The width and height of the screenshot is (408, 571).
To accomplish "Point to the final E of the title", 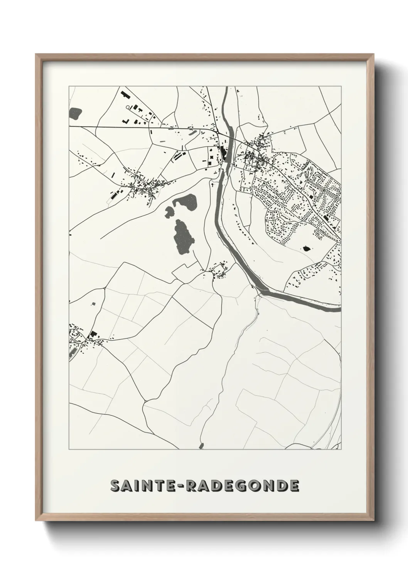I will coord(294,486).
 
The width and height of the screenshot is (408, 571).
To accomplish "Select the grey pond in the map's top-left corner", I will coord(76,113).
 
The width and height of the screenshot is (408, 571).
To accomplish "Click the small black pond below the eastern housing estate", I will coord(307,248).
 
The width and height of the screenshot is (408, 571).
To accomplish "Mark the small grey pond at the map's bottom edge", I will coord(201,446).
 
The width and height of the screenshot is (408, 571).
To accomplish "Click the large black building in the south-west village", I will coord(93,334).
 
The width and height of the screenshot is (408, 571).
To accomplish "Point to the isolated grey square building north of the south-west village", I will coord(93,304).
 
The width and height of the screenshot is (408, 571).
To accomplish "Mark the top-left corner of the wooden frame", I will coord(36,55).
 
